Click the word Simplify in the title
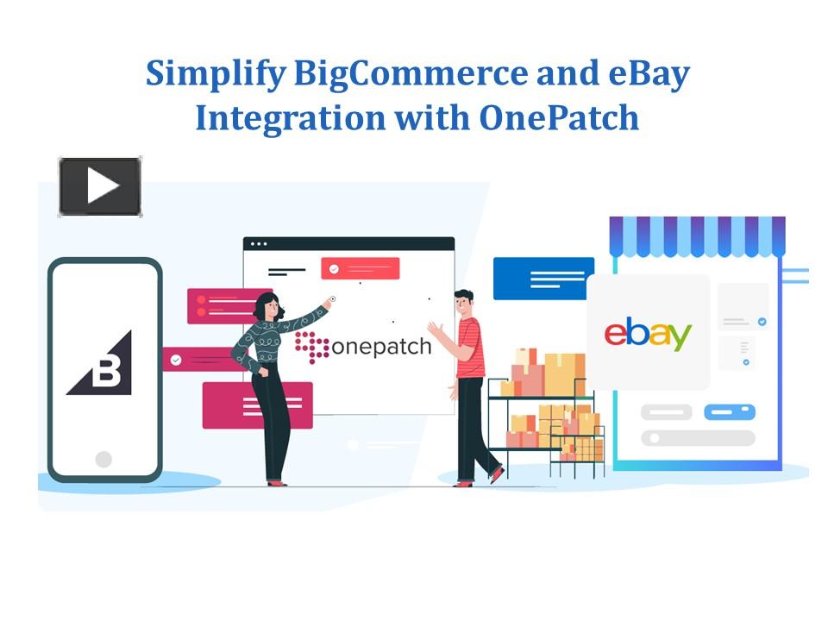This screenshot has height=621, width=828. coord(216,74)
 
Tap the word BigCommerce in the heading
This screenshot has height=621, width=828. coord(411,74)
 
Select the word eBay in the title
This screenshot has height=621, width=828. coord(649,74)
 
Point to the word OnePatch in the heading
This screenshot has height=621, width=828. coord(559,118)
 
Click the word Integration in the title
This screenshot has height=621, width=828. coord(291,119)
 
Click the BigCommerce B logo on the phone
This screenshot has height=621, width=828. coord(102,364)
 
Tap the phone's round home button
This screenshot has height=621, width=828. coord(103,459)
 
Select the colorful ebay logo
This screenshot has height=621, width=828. coord(648,334)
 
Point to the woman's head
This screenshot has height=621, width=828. coord(268,306)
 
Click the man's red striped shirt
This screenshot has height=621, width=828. coord(470,348)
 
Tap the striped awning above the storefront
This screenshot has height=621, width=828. coord(697,236)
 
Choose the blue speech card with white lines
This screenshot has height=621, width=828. coord(543,279)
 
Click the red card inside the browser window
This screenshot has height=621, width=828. coord(361,268)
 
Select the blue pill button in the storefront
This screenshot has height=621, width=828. coord(730,412)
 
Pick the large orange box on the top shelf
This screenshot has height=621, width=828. coord(564,374)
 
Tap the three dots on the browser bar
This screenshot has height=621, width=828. coord(259,244)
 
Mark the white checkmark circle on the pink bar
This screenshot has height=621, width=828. coord(176,361)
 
